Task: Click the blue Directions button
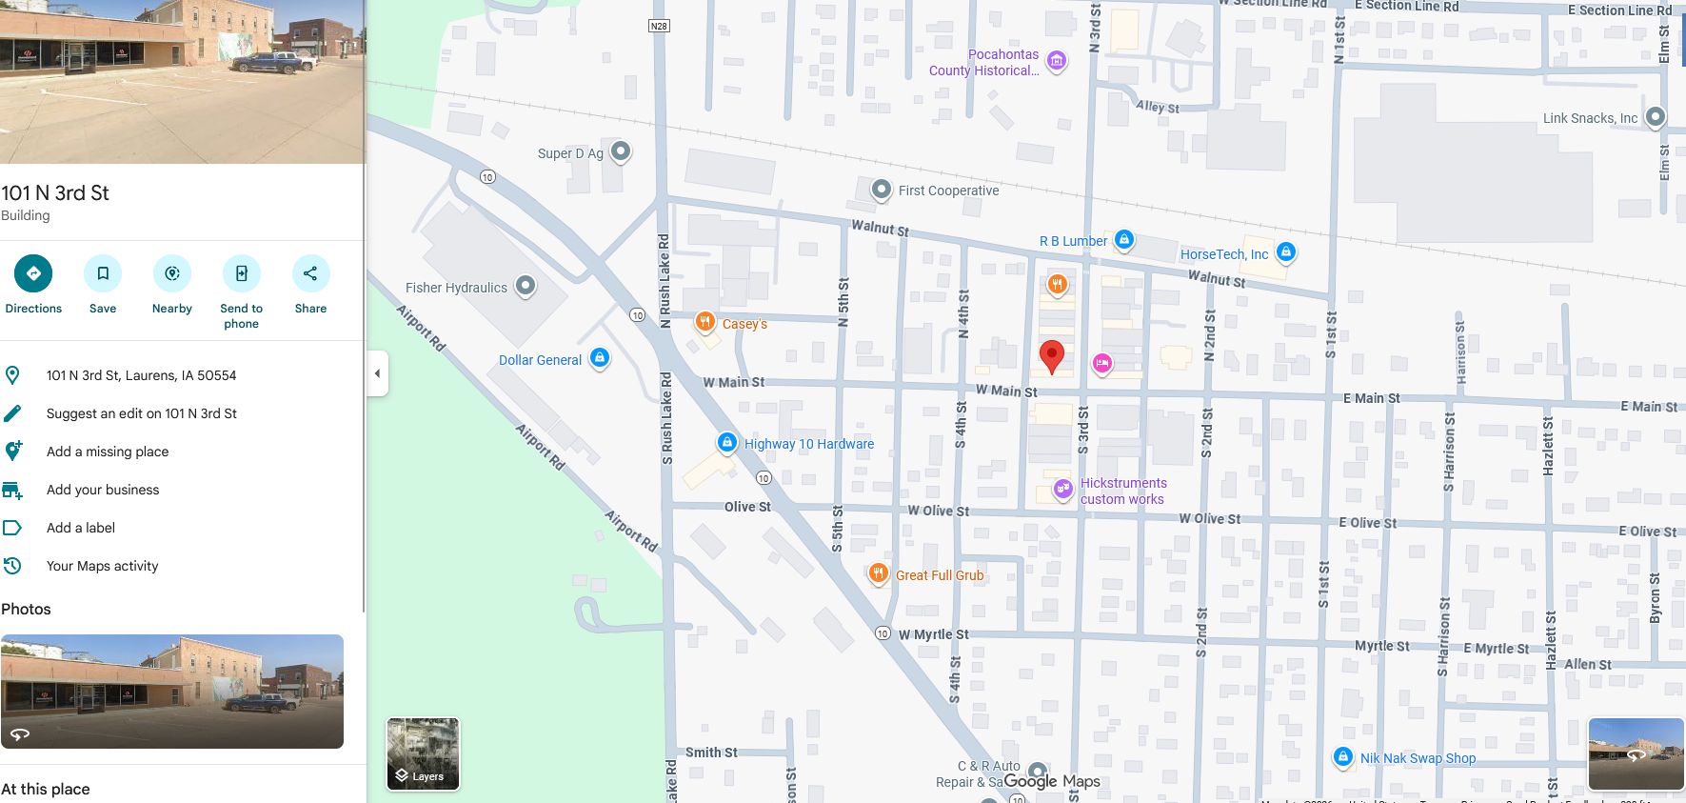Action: click(33, 274)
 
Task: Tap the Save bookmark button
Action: click(103, 274)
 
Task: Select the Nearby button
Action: click(172, 274)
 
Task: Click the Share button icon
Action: click(310, 274)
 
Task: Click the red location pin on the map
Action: click(1051, 356)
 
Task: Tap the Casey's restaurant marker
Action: click(705, 322)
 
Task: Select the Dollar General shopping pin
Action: click(600, 358)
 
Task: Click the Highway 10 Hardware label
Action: click(808, 444)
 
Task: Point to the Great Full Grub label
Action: click(939, 575)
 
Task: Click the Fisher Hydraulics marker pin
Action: click(526, 285)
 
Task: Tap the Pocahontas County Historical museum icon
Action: click(1056, 61)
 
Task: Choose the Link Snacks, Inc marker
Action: click(1656, 116)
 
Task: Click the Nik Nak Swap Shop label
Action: click(1418, 758)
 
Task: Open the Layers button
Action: click(423, 754)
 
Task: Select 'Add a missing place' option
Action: click(108, 452)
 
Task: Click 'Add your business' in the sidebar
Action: click(103, 490)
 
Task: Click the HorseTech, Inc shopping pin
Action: click(1286, 251)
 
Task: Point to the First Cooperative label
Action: click(948, 191)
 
